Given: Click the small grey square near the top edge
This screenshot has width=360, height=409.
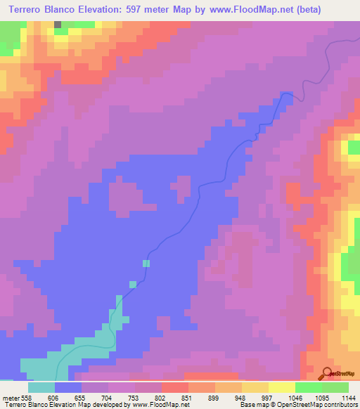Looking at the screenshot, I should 58,24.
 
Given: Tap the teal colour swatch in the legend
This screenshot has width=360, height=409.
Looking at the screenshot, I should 41,387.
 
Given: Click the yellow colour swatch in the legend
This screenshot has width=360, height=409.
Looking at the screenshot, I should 281,387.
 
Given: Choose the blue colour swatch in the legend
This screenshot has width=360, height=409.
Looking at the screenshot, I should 68,387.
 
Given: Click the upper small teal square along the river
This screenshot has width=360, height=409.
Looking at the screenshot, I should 146,264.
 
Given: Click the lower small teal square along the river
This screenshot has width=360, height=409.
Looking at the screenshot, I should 132,284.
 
